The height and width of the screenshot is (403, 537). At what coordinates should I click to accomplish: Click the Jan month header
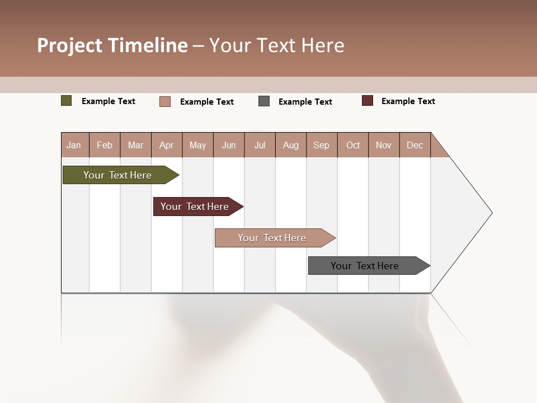tap(74, 145)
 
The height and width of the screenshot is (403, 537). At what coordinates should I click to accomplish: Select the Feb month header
tap(105, 145)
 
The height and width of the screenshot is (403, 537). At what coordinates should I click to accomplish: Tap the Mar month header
tap(135, 145)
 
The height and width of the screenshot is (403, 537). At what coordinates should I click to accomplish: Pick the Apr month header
tap(167, 145)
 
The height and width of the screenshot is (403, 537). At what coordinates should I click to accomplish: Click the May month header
tap(197, 145)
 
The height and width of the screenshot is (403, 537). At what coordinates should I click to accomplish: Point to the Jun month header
tap(229, 145)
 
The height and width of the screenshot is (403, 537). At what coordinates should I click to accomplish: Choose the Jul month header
tap(260, 145)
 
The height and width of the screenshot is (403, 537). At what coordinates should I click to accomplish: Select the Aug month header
tap(291, 145)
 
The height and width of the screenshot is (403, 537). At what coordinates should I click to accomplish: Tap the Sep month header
tap(322, 145)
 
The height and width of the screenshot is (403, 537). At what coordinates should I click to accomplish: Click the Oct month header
tap(353, 145)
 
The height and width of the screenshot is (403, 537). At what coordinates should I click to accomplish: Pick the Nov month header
tap(384, 145)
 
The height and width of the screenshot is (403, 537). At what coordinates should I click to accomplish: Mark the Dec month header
tap(415, 145)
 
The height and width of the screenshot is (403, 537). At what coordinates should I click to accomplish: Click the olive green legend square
tap(67, 101)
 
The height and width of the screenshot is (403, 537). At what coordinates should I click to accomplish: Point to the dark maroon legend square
tap(368, 101)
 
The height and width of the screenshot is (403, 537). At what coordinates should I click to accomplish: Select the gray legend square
tap(264, 101)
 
